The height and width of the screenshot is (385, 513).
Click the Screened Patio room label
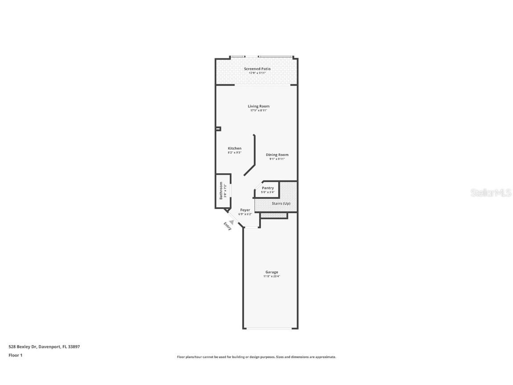click(x=257, y=69)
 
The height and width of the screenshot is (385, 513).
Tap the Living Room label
click(x=259, y=106)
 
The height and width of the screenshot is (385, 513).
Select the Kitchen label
click(x=235, y=148)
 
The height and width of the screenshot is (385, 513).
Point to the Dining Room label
click(x=277, y=155)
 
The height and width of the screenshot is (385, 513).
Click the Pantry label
click(x=268, y=188)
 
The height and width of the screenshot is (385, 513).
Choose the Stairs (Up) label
click(x=281, y=204)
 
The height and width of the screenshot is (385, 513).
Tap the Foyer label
click(x=245, y=210)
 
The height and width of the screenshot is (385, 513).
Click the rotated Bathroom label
click(x=220, y=191)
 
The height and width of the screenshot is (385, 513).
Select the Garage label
click(x=272, y=272)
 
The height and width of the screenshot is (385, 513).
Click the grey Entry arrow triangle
click(x=232, y=221)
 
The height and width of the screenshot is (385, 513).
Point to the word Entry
click(x=228, y=226)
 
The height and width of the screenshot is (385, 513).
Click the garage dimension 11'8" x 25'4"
click(x=272, y=276)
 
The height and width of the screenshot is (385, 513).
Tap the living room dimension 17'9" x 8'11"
click(x=259, y=111)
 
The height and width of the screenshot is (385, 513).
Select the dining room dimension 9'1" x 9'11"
click(x=277, y=159)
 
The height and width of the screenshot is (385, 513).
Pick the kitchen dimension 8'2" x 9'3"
click(x=235, y=153)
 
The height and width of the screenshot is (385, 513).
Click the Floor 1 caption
click(x=15, y=355)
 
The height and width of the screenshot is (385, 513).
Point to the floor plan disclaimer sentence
click(x=256, y=357)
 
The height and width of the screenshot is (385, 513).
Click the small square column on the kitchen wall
click(x=218, y=129)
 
